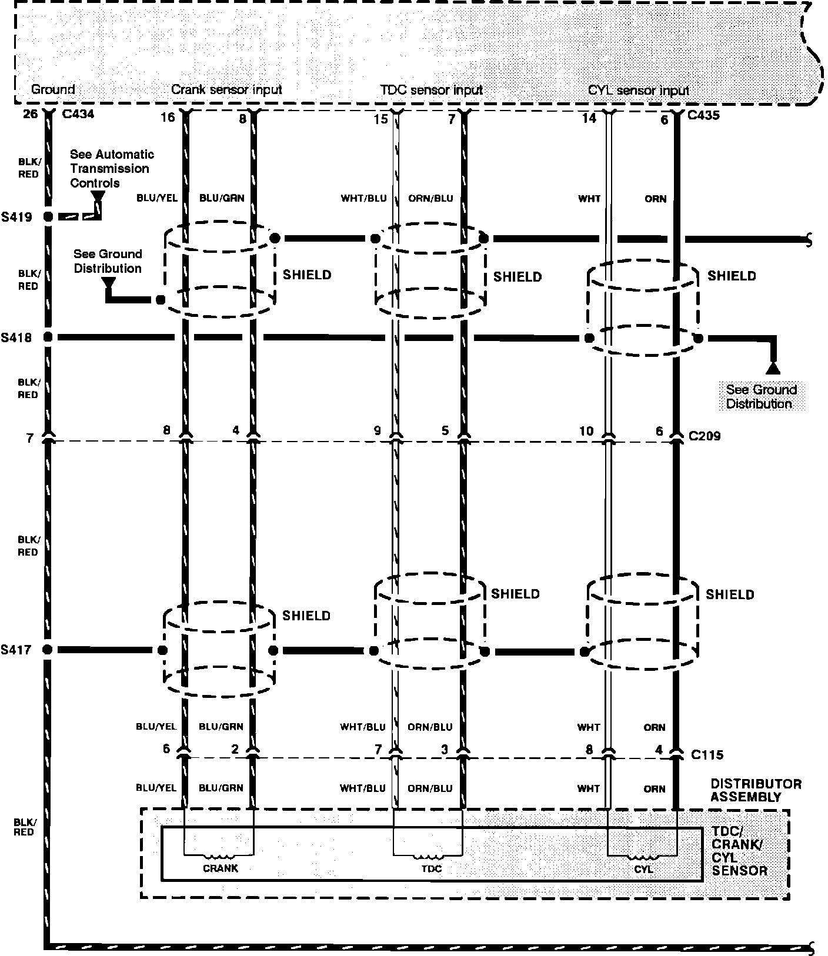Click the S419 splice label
16,217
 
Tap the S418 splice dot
48,337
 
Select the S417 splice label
16,650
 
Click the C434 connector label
78,114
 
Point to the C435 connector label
703,115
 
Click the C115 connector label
707,754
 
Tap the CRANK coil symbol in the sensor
220,856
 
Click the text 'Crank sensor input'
226,90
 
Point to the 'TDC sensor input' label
431,90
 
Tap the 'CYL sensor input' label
639,91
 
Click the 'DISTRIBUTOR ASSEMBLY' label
756,790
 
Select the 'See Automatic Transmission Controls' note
112,169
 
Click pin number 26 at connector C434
30,113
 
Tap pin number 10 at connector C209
586,431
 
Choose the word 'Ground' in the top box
53,89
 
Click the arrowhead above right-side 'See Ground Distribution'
772,369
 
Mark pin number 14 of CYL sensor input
589,118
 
